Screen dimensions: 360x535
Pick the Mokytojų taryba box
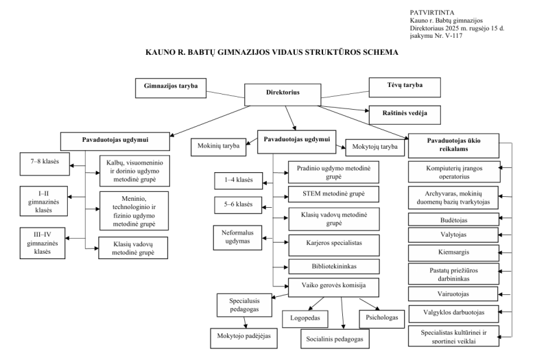(376, 146)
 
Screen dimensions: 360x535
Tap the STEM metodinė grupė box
(323, 193)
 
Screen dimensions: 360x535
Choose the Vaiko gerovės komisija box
(323, 287)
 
